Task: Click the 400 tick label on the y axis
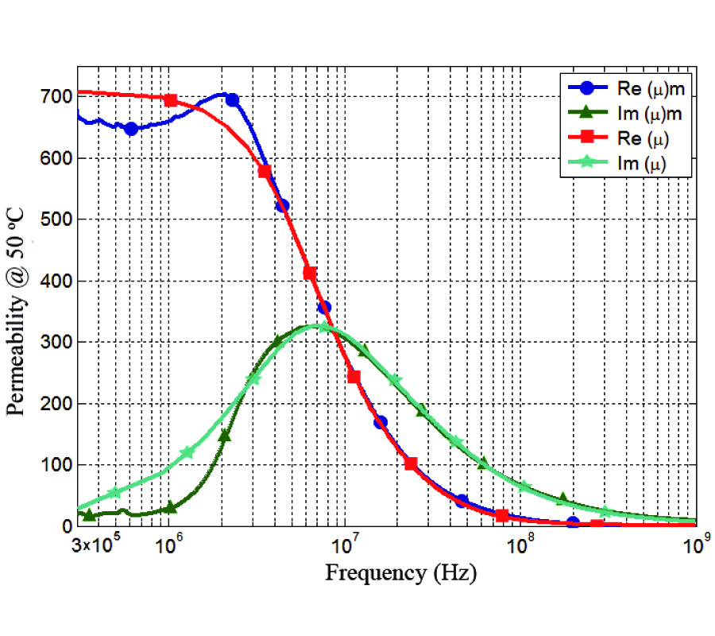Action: pyautogui.click(x=56, y=281)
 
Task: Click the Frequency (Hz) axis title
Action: pyautogui.click(x=401, y=573)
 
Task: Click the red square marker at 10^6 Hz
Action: pyautogui.click(x=170, y=100)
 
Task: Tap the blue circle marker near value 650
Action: pyautogui.click(x=131, y=129)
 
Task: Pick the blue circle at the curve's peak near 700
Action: pyautogui.click(x=232, y=100)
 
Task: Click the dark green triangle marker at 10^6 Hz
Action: pyautogui.click(x=170, y=506)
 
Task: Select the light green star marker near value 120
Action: pyautogui.click(x=187, y=452)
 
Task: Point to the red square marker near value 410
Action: pyautogui.click(x=310, y=273)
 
